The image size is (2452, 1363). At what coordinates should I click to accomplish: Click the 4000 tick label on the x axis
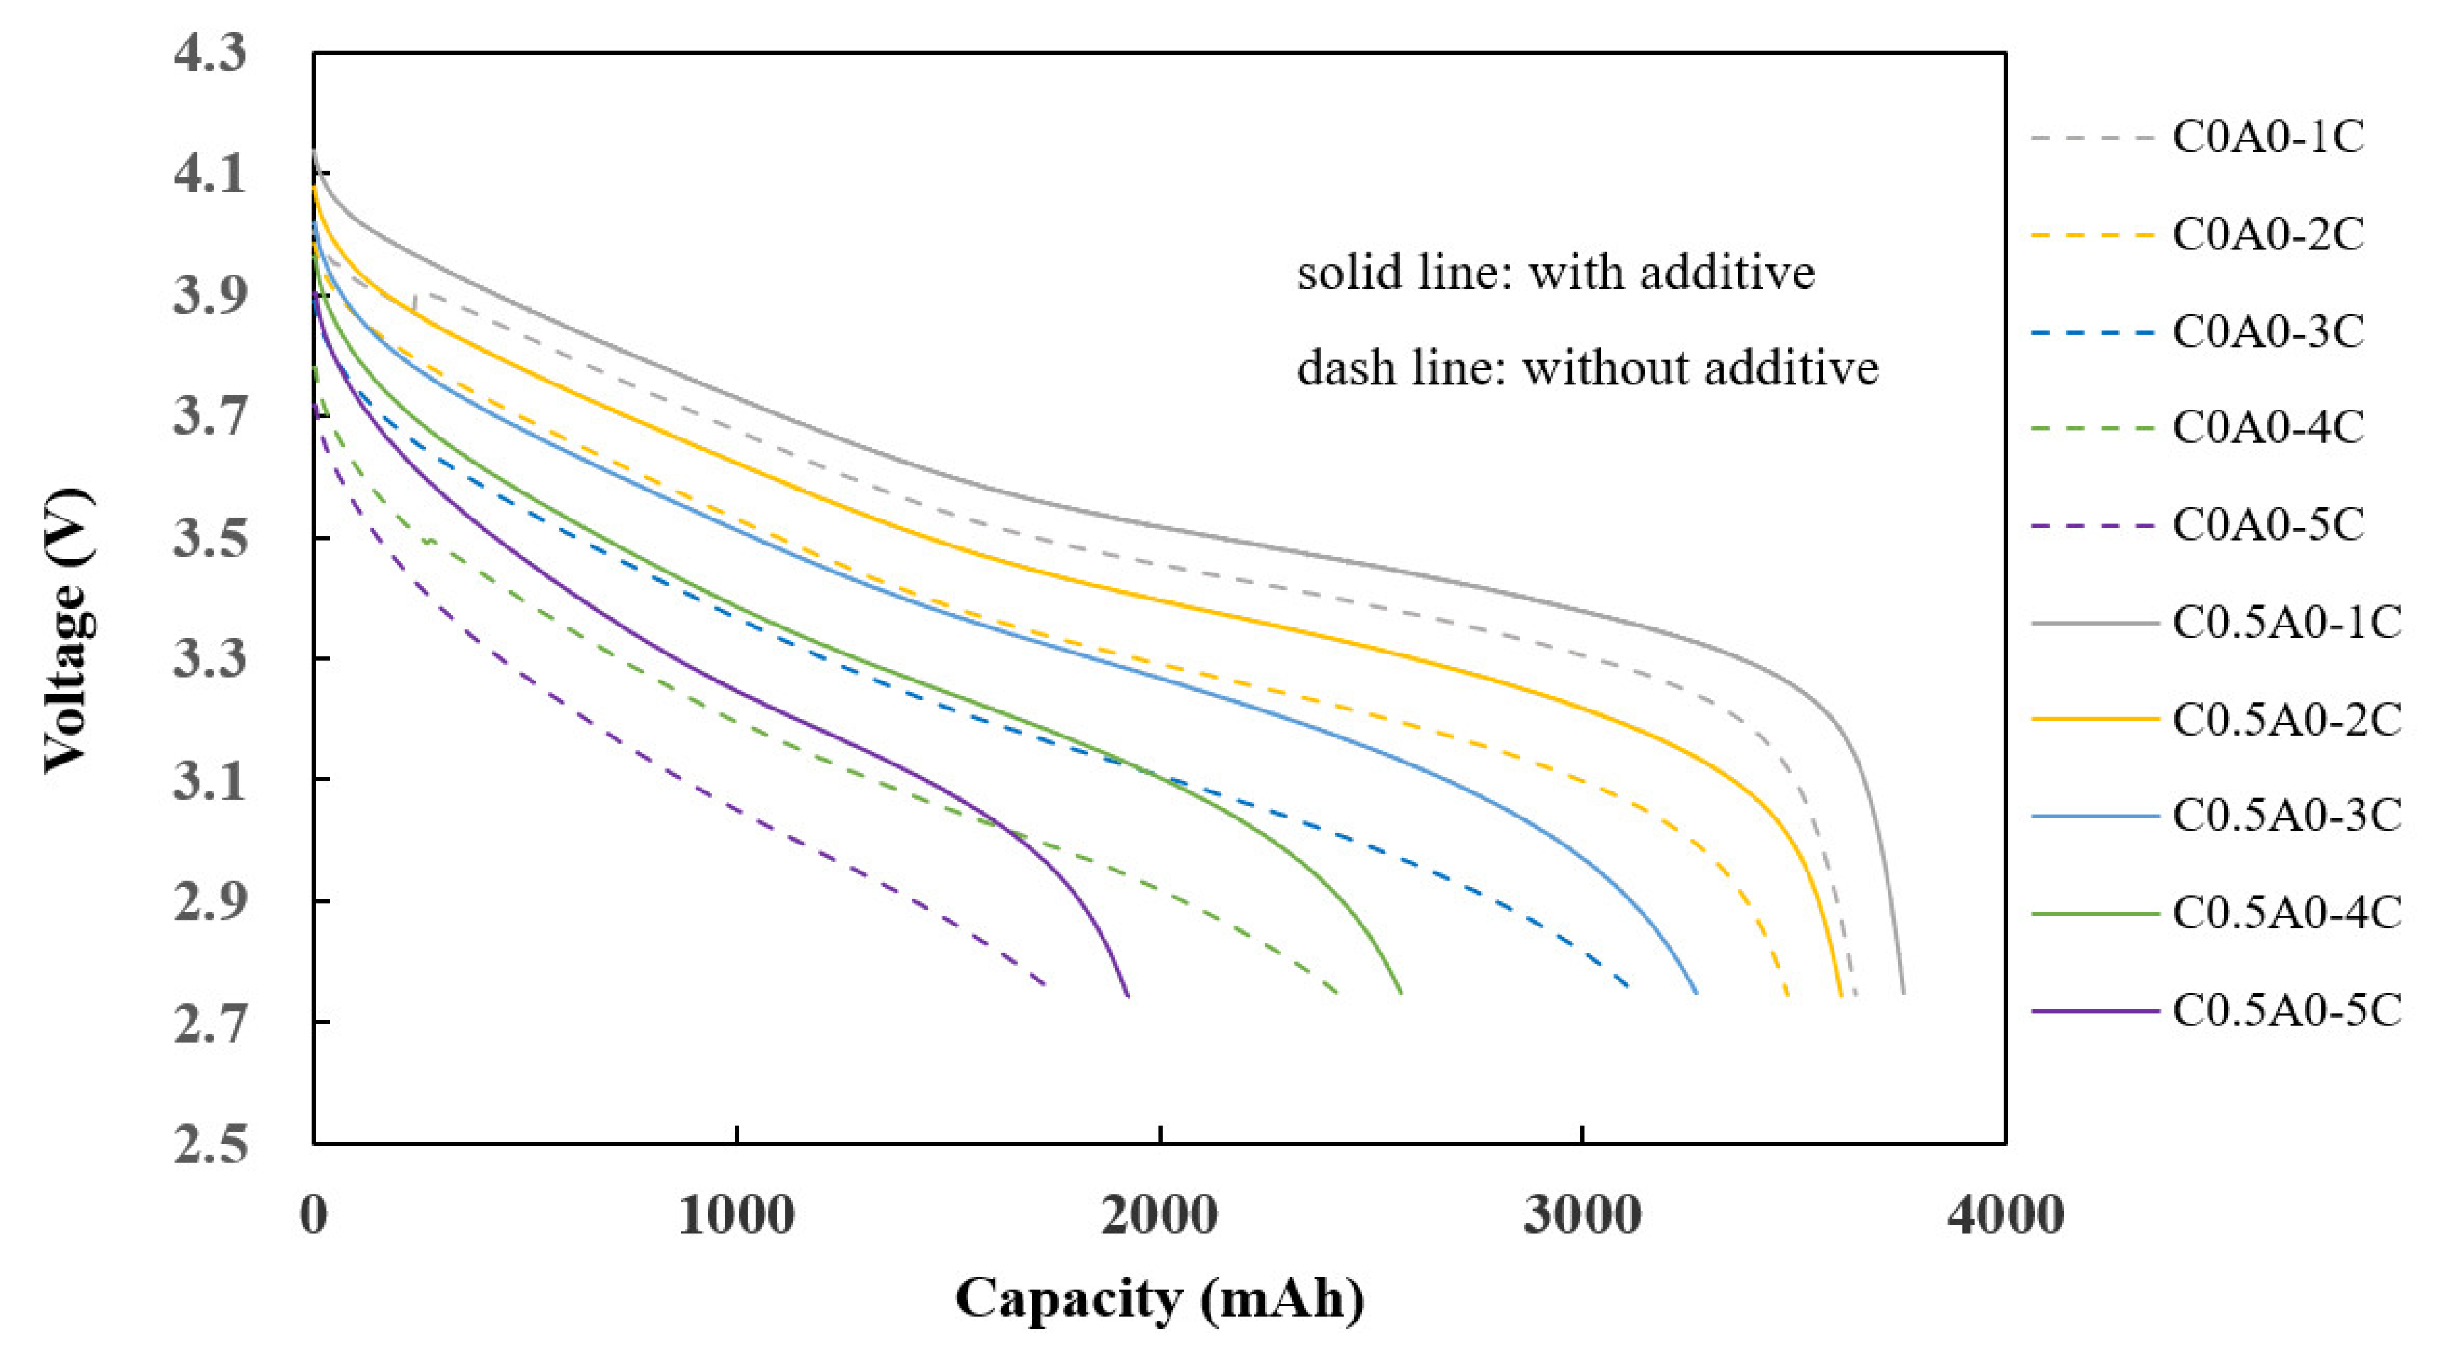pyautogui.click(x=2005, y=1216)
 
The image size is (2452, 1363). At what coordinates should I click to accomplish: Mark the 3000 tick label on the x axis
pyautogui.click(x=1582, y=1216)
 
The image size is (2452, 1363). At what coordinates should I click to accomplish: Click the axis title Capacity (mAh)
pyautogui.click(x=1159, y=1298)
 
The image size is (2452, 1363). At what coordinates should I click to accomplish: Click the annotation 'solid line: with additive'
pyautogui.click(x=1555, y=273)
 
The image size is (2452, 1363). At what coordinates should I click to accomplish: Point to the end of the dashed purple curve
pyautogui.click(x=1046, y=985)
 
